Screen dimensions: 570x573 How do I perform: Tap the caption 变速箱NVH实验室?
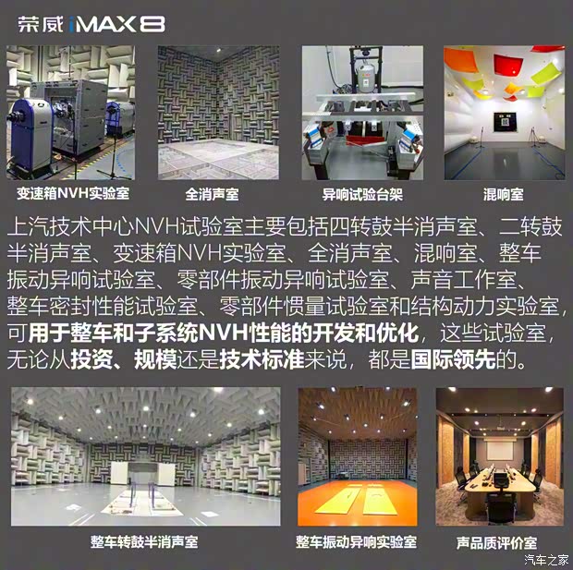73,195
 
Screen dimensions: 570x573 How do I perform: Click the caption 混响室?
504,195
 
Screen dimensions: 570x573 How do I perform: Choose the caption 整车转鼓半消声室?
144,541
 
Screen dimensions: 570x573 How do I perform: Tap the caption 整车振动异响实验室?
356,541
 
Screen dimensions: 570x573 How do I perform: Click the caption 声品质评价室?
497,541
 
